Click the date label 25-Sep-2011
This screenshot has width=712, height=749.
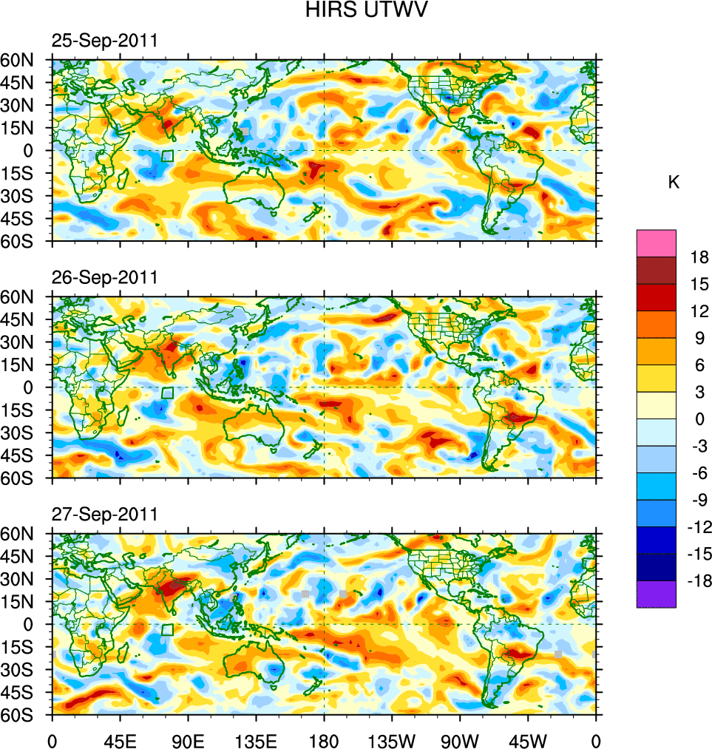click(x=104, y=41)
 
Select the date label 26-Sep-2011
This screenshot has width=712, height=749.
click(x=104, y=278)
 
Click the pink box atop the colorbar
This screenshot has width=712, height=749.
click(x=657, y=243)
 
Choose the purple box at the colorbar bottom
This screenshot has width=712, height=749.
click(x=657, y=594)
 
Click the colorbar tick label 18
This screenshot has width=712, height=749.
click(x=699, y=257)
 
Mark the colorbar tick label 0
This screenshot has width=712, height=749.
click(x=699, y=418)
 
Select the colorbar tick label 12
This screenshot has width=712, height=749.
click(x=699, y=311)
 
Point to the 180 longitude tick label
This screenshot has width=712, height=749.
click(x=324, y=739)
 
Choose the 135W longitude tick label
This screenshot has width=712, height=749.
click(x=392, y=739)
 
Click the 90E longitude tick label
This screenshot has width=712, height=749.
click(x=188, y=739)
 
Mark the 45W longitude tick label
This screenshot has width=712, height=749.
click(x=528, y=739)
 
